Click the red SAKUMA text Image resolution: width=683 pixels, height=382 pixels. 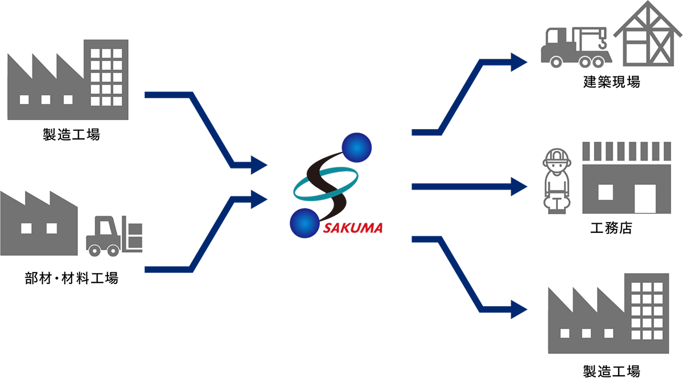coord(353,229)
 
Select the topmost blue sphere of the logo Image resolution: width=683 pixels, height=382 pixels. coord(356,147)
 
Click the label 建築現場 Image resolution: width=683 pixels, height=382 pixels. coord(611,82)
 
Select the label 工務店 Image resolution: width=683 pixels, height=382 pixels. coord(611,229)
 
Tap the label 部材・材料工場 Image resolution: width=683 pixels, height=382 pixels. coord(72,278)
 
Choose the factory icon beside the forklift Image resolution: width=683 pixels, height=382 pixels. coord(39,225)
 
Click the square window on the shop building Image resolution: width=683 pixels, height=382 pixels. coord(606,192)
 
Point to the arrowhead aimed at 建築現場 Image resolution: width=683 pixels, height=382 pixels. coord(519,61)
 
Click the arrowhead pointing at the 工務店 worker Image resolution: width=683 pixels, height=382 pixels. coord(519,186)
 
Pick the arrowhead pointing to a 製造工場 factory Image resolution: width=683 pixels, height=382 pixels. coord(519,309)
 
